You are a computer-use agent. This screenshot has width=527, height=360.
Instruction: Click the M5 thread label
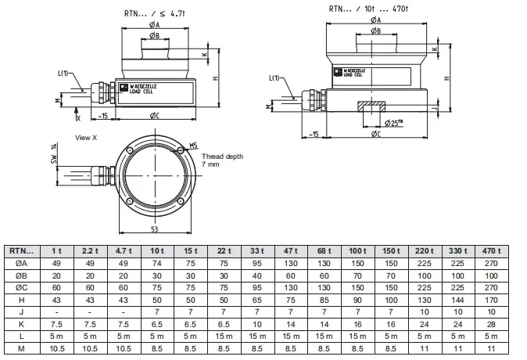click(x=195, y=146)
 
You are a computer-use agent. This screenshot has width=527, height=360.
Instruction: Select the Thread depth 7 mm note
click(x=221, y=161)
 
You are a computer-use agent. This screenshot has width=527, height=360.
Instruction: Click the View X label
click(x=87, y=137)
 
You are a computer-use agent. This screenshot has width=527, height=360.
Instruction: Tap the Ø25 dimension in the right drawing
click(x=393, y=123)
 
